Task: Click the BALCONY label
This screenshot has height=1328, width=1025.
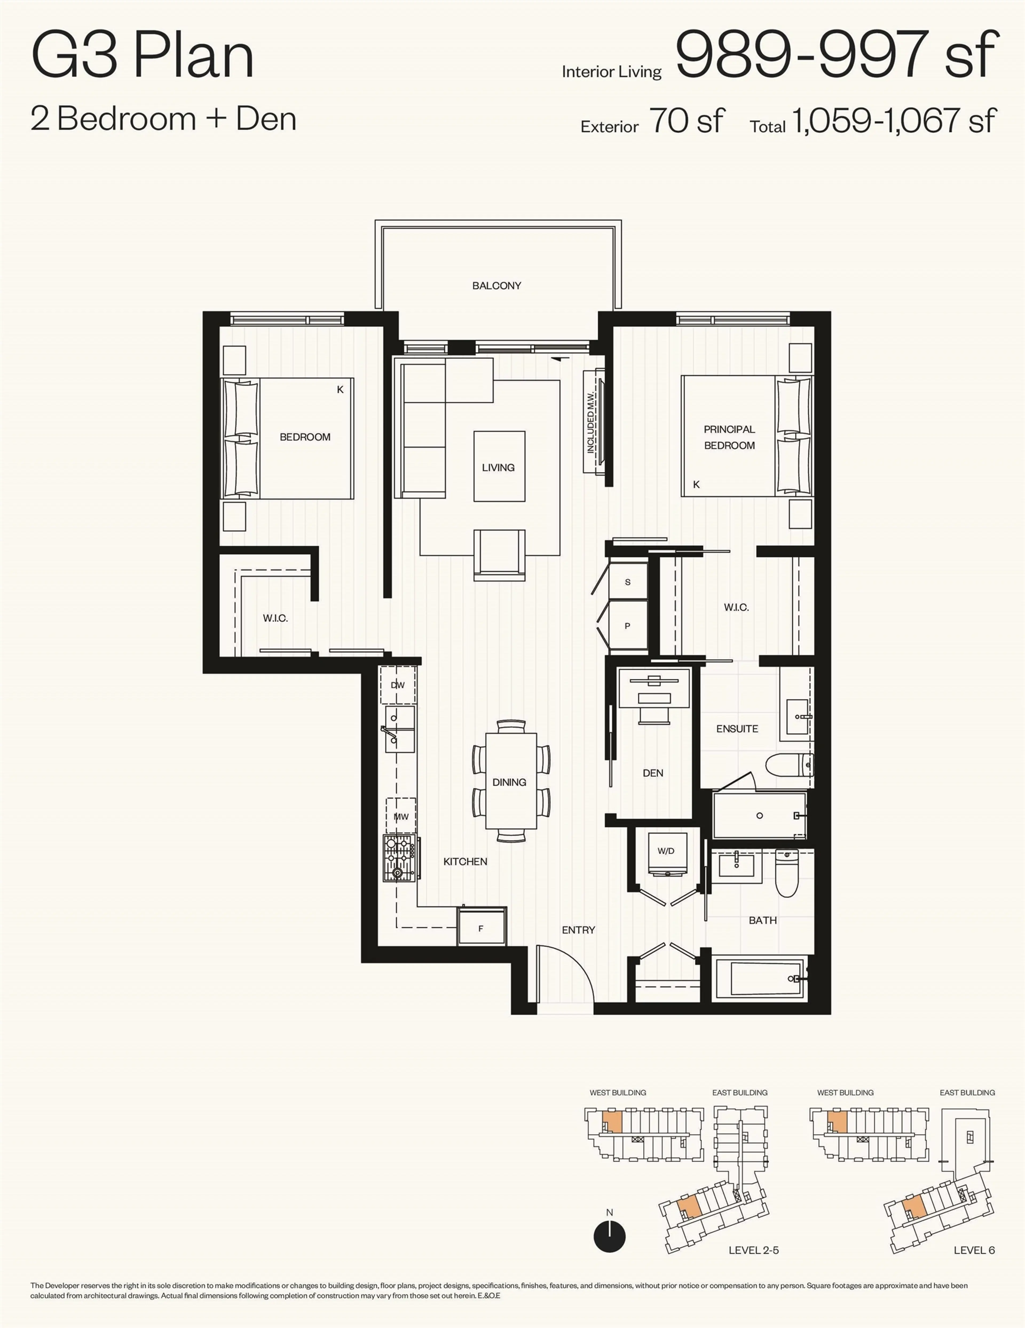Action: [496, 285]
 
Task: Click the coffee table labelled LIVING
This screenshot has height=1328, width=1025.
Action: [499, 466]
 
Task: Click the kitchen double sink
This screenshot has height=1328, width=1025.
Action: [399, 729]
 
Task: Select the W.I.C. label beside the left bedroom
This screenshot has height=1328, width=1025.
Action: [275, 618]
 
